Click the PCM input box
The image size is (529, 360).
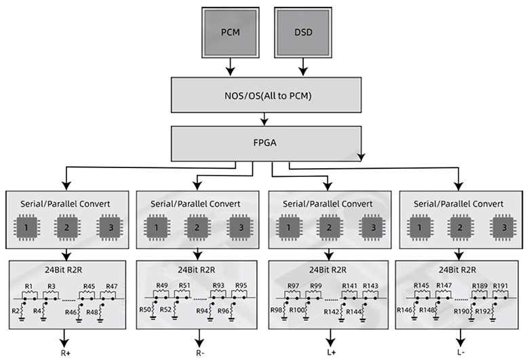(x=231, y=33)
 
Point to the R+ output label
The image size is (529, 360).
(x=66, y=353)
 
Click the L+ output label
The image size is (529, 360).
(x=330, y=353)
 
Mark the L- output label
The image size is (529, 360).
(x=461, y=353)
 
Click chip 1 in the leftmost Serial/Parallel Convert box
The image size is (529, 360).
(x=26, y=227)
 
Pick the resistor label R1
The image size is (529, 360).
(x=28, y=286)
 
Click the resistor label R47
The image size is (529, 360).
(x=111, y=286)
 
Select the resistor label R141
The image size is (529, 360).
(x=349, y=286)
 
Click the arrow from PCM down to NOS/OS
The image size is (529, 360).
(x=231, y=66)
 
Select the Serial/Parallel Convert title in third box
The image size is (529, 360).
(x=330, y=202)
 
